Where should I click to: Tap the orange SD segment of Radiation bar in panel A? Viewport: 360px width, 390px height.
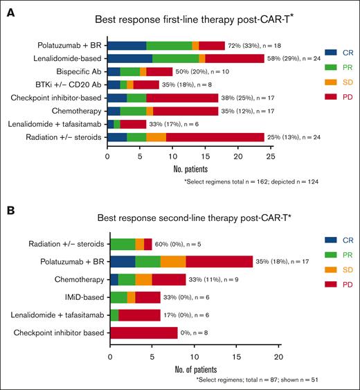coord(156,136)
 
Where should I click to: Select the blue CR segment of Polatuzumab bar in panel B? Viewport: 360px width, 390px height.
coord(123,260)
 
